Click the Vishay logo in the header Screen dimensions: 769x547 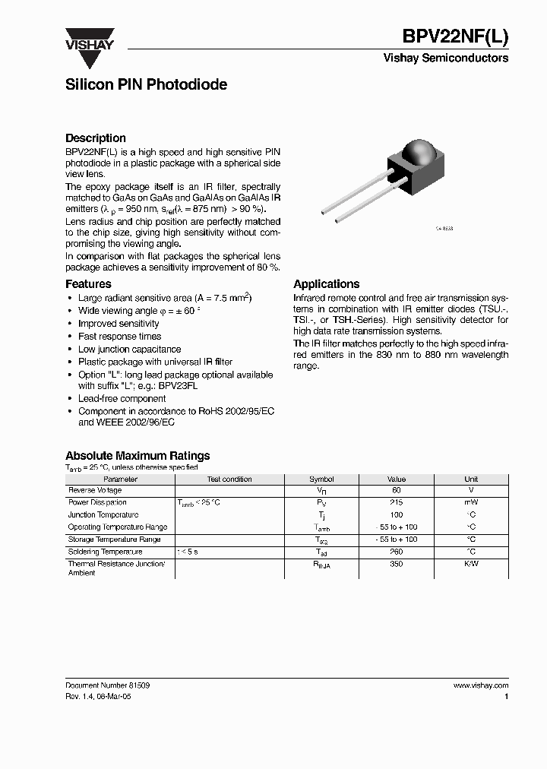(89, 39)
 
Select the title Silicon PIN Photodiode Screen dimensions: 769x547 (146, 84)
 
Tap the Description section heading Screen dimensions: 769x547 (96, 138)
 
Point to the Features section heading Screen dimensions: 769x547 (88, 284)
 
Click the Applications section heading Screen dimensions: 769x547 (327, 284)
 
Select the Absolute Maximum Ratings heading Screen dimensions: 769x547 (138, 456)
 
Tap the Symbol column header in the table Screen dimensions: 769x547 (321, 479)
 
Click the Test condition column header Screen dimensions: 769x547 (229, 479)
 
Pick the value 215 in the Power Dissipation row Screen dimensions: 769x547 (396, 502)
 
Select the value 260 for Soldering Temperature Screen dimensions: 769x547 (396, 552)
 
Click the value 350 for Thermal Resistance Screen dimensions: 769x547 (396, 565)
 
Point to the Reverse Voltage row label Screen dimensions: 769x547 (95, 491)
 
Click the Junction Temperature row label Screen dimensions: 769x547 (103, 514)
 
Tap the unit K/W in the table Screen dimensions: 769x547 (471, 565)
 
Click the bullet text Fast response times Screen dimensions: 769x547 (119, 337)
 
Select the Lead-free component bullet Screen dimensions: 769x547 (122, 399)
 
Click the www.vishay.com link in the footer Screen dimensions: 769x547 (480, 685)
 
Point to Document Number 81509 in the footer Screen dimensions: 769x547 (107, 685)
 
